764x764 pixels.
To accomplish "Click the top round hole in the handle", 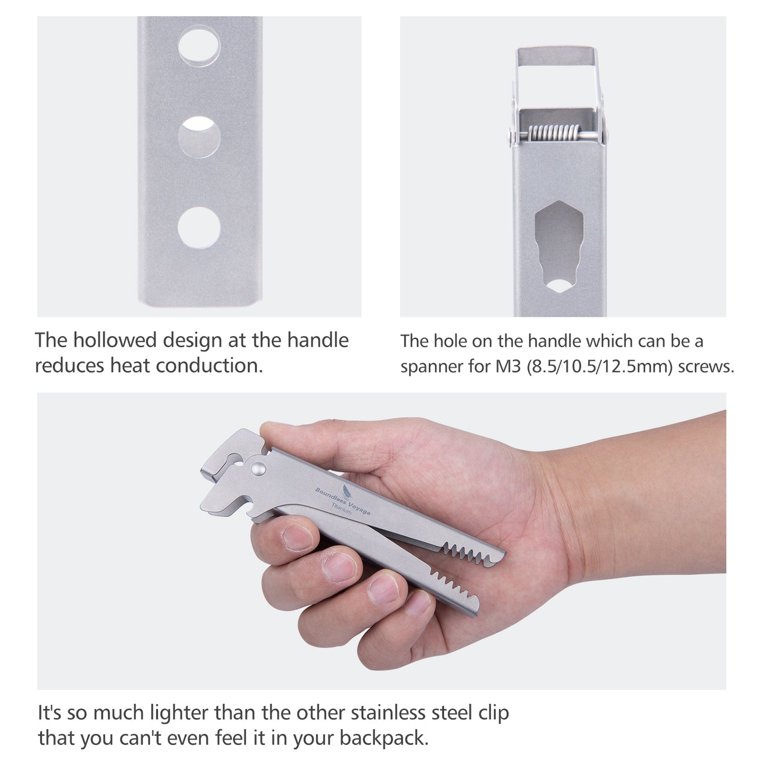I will (199, 47).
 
